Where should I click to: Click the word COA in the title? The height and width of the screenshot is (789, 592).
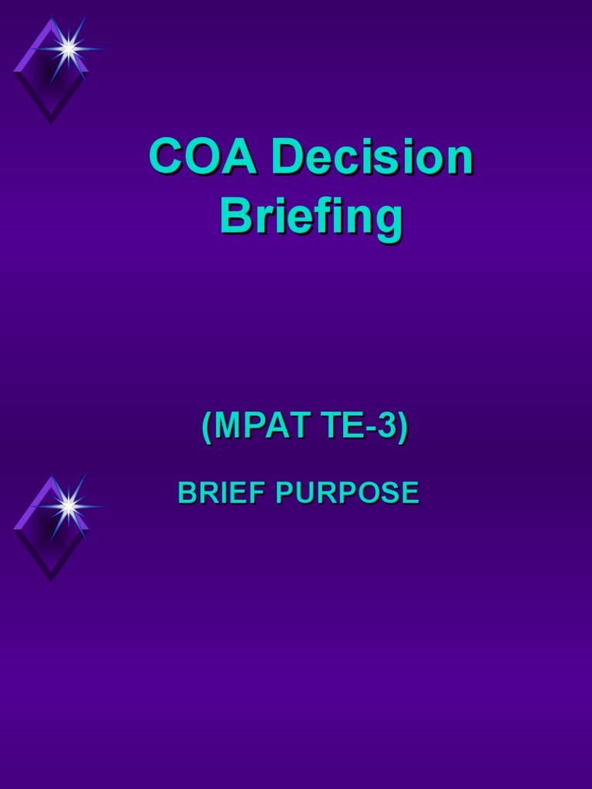point(203,156)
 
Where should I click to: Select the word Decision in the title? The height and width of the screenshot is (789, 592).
point(372,156)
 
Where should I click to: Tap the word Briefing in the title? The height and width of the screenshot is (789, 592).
point(311,218)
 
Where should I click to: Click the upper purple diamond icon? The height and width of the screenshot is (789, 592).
point(50,73)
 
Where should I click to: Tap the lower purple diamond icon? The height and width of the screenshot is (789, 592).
point(50,532)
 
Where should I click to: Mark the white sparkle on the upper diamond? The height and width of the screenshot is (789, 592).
point(68,49)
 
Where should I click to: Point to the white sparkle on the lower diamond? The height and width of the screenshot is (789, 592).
point(68,506)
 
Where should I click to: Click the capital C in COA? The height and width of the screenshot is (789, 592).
point(167,156)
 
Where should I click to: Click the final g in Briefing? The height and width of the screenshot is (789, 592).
point(389,222)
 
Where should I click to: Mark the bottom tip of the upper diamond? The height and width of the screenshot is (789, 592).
point(51,121)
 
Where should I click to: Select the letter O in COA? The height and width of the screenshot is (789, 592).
point(203,156)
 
